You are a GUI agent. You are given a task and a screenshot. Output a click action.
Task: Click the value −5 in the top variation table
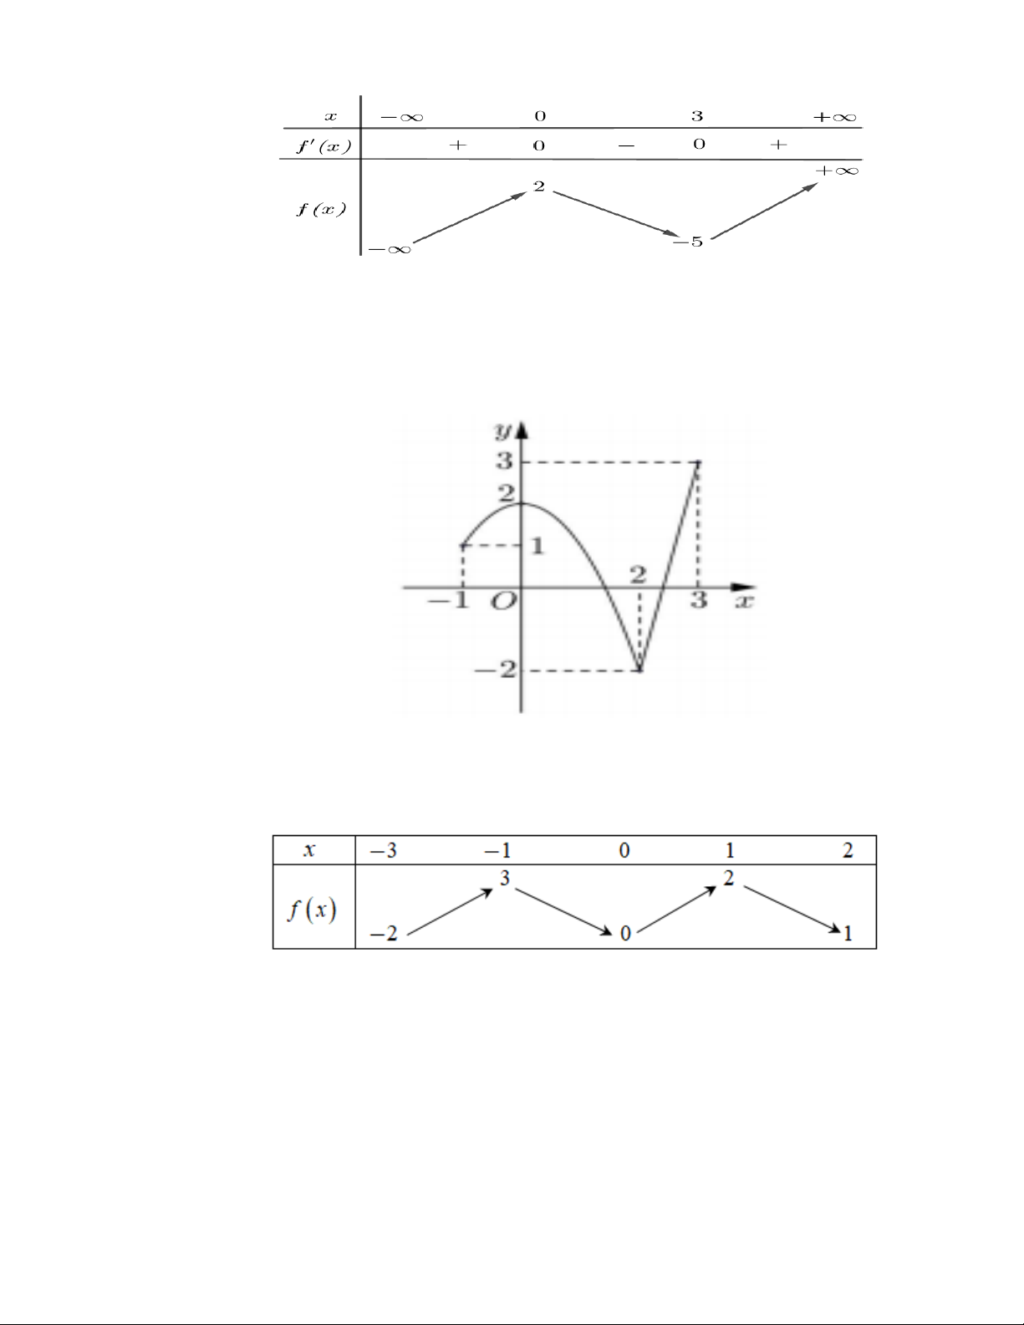point(688,242)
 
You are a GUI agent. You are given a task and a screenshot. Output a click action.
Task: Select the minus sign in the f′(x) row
point(626,145)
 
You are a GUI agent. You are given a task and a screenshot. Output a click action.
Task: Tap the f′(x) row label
point(324,146)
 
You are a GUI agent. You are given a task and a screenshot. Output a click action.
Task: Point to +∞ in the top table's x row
point(835,116)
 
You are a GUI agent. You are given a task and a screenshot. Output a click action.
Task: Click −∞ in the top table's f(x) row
point(390,249)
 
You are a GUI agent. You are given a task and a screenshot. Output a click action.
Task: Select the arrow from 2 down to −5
point(615,213)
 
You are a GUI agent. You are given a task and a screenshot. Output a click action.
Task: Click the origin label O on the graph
point(503,603)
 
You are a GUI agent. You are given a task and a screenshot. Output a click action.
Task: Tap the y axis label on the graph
point(503,431)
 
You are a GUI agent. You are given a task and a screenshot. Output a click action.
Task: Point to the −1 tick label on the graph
point(448,601)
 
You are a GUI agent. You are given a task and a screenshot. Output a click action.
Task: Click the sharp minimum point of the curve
point(639,670)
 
